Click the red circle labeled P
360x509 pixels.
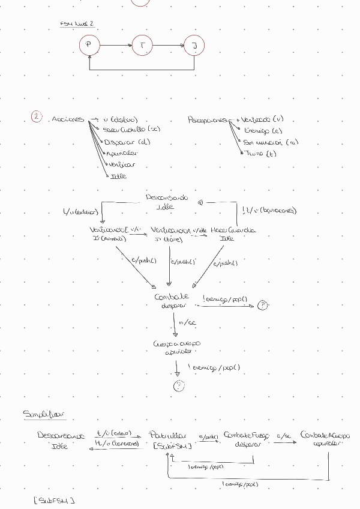click(x=89, y=45)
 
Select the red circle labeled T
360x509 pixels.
click(x=142, y=45)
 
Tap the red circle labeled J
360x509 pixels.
click(x=194, y=45)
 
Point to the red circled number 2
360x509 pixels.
click(x=37, y=118)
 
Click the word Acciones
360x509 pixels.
click(x=67, y=119)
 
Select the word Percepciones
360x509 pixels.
click(x=208, y=119)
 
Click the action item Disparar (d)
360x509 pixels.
click(x=127, y=142)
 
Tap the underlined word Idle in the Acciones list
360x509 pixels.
click(x=118, y=176)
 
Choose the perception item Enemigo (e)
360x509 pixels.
click(x=262, y=130)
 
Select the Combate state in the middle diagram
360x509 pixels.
click(x=172, y=297)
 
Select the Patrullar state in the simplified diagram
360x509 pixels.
click(x=168, y=435)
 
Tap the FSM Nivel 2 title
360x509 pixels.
click(x=77, y=23)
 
